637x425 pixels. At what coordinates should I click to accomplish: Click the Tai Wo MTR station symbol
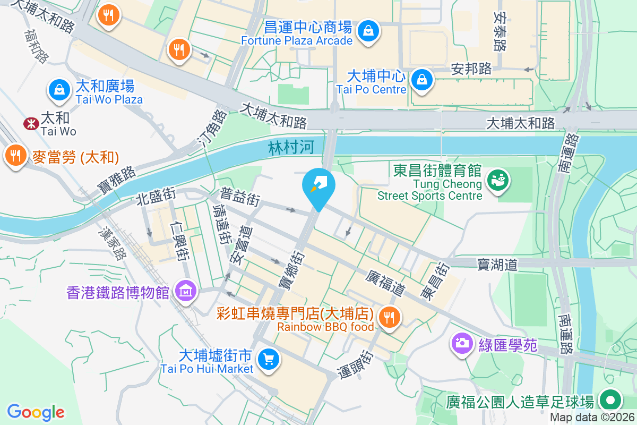pyautogui.click(x=30, y=123)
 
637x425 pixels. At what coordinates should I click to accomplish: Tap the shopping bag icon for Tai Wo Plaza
pyautogui.click(x=59, y=90)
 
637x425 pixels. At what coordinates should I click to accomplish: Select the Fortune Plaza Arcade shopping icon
pyautogui.click(x=368, y=30)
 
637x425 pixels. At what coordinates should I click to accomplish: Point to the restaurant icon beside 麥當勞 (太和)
pyautogui.click(x=16, y=156)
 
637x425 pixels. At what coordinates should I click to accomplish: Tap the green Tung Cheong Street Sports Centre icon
pyautogui.click(x=498, y=180)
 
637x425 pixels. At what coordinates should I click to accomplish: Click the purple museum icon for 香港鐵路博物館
pyautogui.click(x=185, y=291)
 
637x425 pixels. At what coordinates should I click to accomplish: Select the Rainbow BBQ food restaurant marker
pyautogui.click(x=390, y=318)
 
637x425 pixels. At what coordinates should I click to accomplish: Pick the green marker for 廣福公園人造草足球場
pyautogui.click(x=610, y=400)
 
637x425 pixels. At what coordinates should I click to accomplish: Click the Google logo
pyautogui.click(x=36, y=412)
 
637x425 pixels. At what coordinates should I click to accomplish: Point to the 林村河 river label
pyautogui.click(x=291, y=148)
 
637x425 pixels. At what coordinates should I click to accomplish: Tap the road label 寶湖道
pyautogui.click(x=497, y=264)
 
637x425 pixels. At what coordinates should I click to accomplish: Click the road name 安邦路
pyautogui.click(x=471, y=69)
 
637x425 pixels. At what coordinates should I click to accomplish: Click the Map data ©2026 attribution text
pyautogui.click(x=591, y=417)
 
